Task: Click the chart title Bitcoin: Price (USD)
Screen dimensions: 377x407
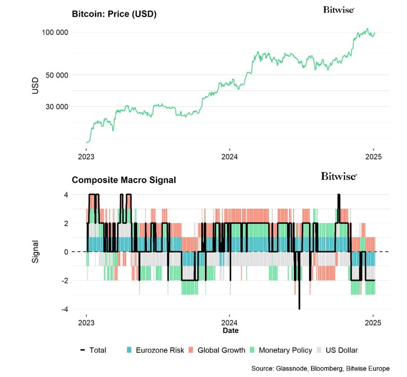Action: pos(114,14)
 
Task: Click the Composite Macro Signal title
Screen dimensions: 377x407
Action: pos(123,180)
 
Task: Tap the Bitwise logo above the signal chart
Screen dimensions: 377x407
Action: pos(339,176)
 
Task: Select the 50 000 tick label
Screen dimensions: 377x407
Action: pos(56,74)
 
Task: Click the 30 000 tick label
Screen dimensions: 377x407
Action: pos(56,106)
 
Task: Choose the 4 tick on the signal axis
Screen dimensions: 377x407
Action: pos(65,194)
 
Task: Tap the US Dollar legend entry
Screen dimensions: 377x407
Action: pos(340,350)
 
